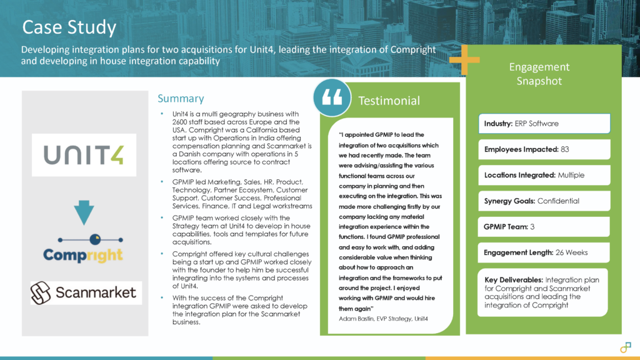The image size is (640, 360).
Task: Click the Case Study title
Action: coord(69,27)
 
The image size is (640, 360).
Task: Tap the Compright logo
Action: coord(83,254)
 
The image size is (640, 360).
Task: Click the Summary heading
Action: coord(180,98)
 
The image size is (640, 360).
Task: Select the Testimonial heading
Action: coord(388,101)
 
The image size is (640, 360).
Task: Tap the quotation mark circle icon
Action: coord(332,98)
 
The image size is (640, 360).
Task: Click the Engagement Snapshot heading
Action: coord(539,74)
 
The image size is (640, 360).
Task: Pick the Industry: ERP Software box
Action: coord(544,124)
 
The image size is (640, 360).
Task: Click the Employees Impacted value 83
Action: coord(565,149)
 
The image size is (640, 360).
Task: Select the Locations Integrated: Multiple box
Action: coord(544,175)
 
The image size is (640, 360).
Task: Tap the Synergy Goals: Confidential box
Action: coord(544,201)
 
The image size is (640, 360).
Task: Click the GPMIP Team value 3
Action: coord(532,227)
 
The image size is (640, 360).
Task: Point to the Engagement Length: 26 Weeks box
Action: coord(544,252)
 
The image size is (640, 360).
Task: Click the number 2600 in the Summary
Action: coord(181,122)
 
